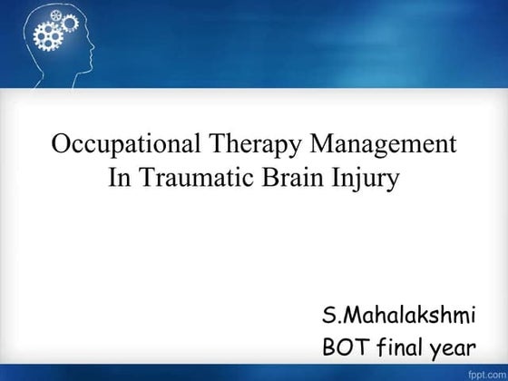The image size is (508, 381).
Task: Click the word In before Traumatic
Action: click(119, 178)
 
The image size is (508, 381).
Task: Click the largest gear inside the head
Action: click(46, 37)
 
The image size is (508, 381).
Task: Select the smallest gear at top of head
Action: click(54, 15)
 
